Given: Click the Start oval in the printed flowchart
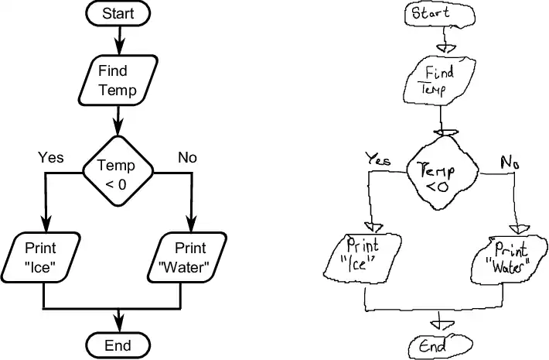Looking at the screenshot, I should point(117,13).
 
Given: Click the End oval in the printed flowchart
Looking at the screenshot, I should point(117,345).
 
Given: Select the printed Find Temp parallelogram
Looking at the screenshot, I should point(117,81).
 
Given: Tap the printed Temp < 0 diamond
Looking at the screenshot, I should point(117,174).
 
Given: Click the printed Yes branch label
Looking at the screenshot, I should point(51,158).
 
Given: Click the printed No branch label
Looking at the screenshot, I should point(187,158).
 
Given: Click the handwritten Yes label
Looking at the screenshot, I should point(378,158).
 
